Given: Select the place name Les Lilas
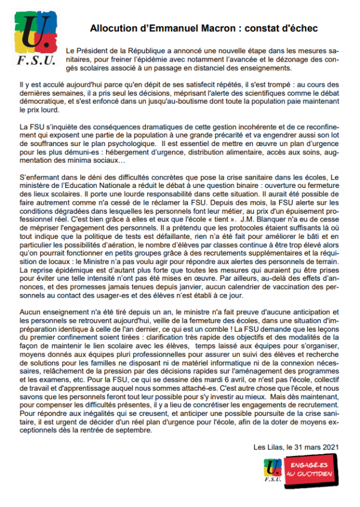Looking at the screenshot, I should tap(268, 446).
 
